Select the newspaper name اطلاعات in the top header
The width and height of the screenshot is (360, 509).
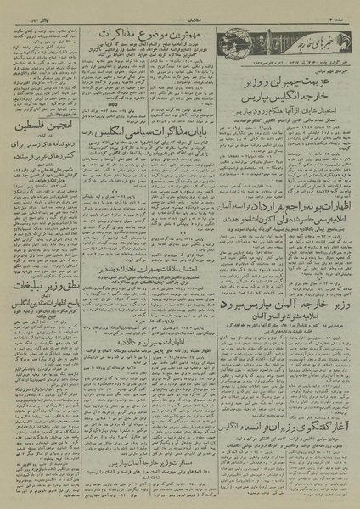click(180, 7)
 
